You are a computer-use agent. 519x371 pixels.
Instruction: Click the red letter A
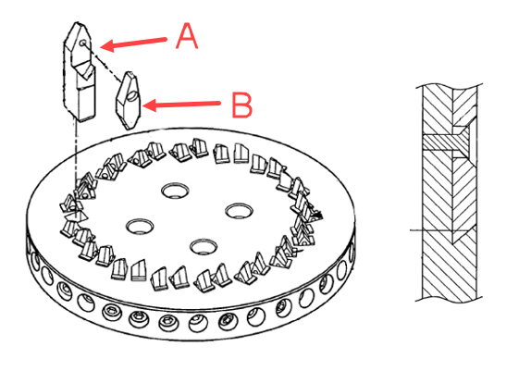click(x=187, y=36)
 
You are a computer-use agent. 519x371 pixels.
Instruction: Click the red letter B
click(x=242, y=105)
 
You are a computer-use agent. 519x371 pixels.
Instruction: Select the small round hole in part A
click(x=83, y=42)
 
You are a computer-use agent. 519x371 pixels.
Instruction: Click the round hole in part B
click(x=131, y=95)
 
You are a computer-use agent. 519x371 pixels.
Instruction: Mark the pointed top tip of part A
click(x=78, y=23)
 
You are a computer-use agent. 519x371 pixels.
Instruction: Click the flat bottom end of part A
click(x=87, y=117)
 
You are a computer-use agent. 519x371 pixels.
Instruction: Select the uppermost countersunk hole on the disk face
click(x=176, y=191)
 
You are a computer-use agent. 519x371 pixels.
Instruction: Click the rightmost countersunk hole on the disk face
click(x=240, y=211)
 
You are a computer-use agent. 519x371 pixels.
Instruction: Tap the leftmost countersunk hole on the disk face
click(x=140, y=227)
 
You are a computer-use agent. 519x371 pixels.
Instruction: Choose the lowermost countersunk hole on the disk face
click(x=204, y=246)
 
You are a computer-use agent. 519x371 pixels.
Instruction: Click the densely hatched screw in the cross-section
click(x=445, y=143)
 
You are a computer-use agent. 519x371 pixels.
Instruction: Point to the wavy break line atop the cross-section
click(x=449, y=87)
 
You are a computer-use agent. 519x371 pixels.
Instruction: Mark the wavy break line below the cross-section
click(x=449, y=299)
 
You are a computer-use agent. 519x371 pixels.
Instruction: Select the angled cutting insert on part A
click(x=84, y=70)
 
